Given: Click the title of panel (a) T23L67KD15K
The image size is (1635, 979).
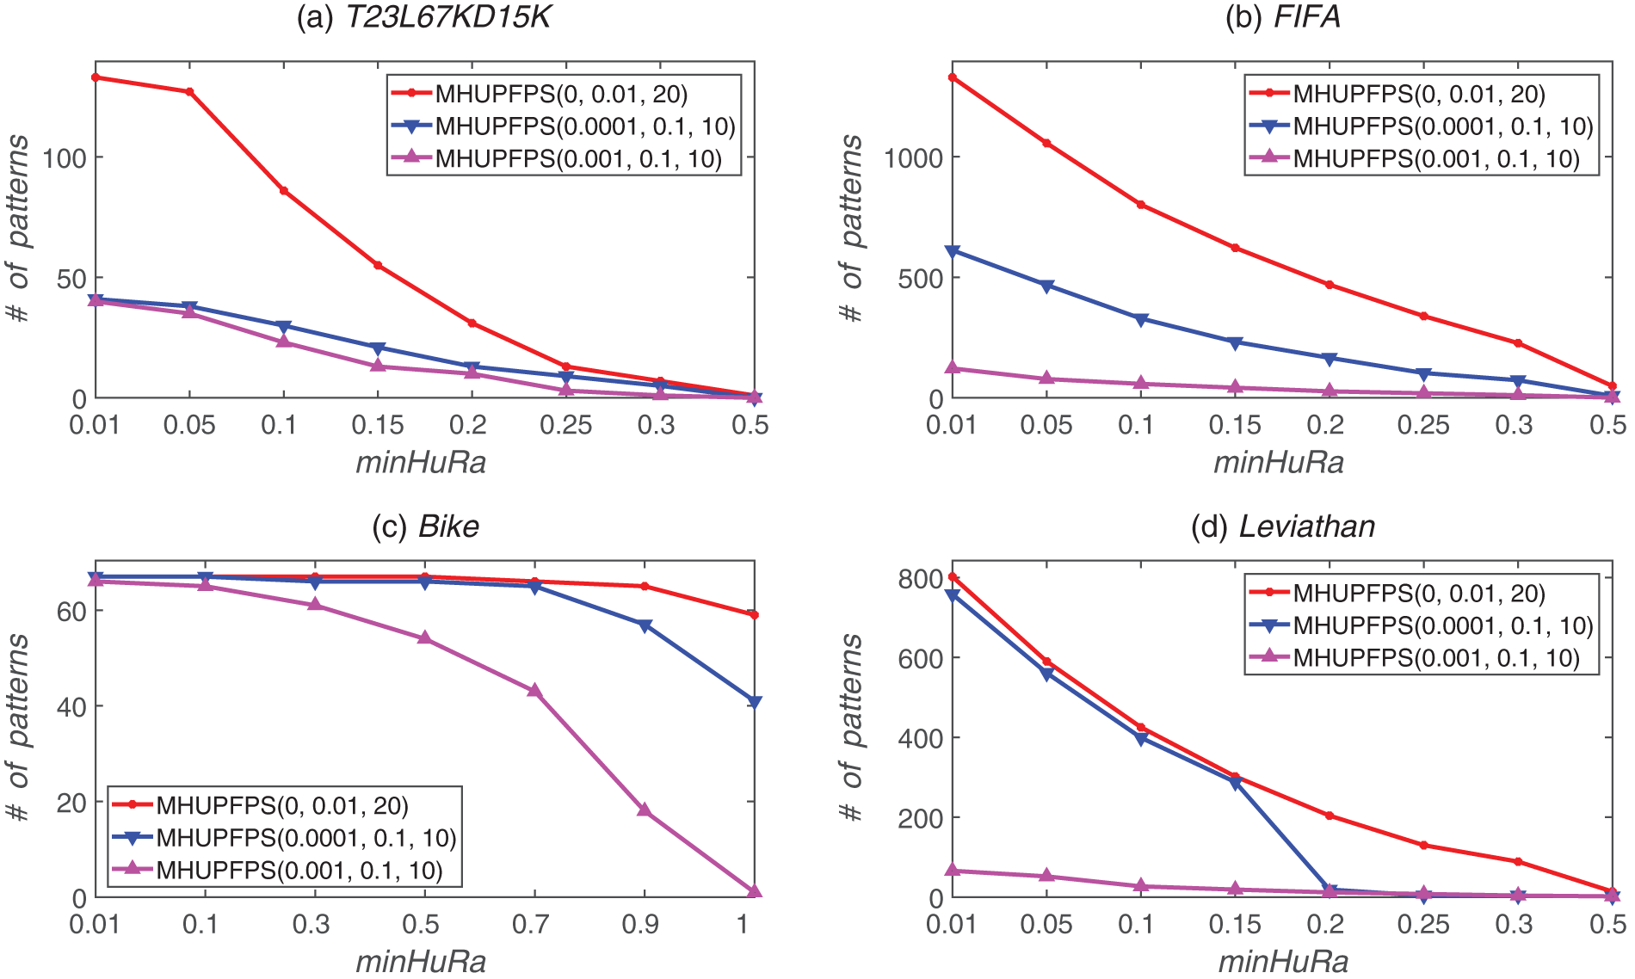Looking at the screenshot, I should pyautogui.click(x=423, y=18).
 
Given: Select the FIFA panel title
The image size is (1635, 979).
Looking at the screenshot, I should pyautogui.click(x=1282, y=18).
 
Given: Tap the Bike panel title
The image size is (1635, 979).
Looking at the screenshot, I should pyautogui.click(x=425, y=526).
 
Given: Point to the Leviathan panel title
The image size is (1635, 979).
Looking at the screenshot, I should pyautogui.click(x=1282, y=526).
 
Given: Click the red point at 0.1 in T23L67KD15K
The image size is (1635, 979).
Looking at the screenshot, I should pyautogui.click(x=283, y=191).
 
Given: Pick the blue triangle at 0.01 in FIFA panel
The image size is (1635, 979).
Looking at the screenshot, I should pyautogui.click(x=952, y=251).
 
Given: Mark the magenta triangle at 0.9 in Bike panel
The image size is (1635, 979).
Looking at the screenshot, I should pyautogui.click(x=644, y=810).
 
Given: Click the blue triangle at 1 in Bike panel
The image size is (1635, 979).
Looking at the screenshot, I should pyautogui.click(x=755, y=702).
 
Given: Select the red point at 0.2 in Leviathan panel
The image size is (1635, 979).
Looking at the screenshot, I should pyautogui.click(x=1330, y=816).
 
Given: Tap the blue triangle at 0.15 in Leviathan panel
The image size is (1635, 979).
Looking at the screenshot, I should pyautogui.click(x=1236, y=783).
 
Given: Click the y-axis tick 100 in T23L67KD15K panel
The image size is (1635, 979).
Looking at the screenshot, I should pyautogui.click(x=65, y=157).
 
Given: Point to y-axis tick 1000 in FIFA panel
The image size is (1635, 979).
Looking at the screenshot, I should pyautogui.click(x=913, y=157).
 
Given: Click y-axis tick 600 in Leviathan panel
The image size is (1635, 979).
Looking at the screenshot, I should pyautogui.click(x=920, y=658).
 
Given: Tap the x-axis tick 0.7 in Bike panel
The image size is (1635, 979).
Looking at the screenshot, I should pyautogui.click(x=531, y=924).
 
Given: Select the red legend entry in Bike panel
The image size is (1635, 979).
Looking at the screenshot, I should pyautogui.click(x=281, y=805).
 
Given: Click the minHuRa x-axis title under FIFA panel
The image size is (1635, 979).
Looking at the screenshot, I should pyautogui.click(x=1279, y=463).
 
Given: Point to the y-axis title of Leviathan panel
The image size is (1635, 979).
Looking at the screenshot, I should pyautogui.click(x=851, y=728).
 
